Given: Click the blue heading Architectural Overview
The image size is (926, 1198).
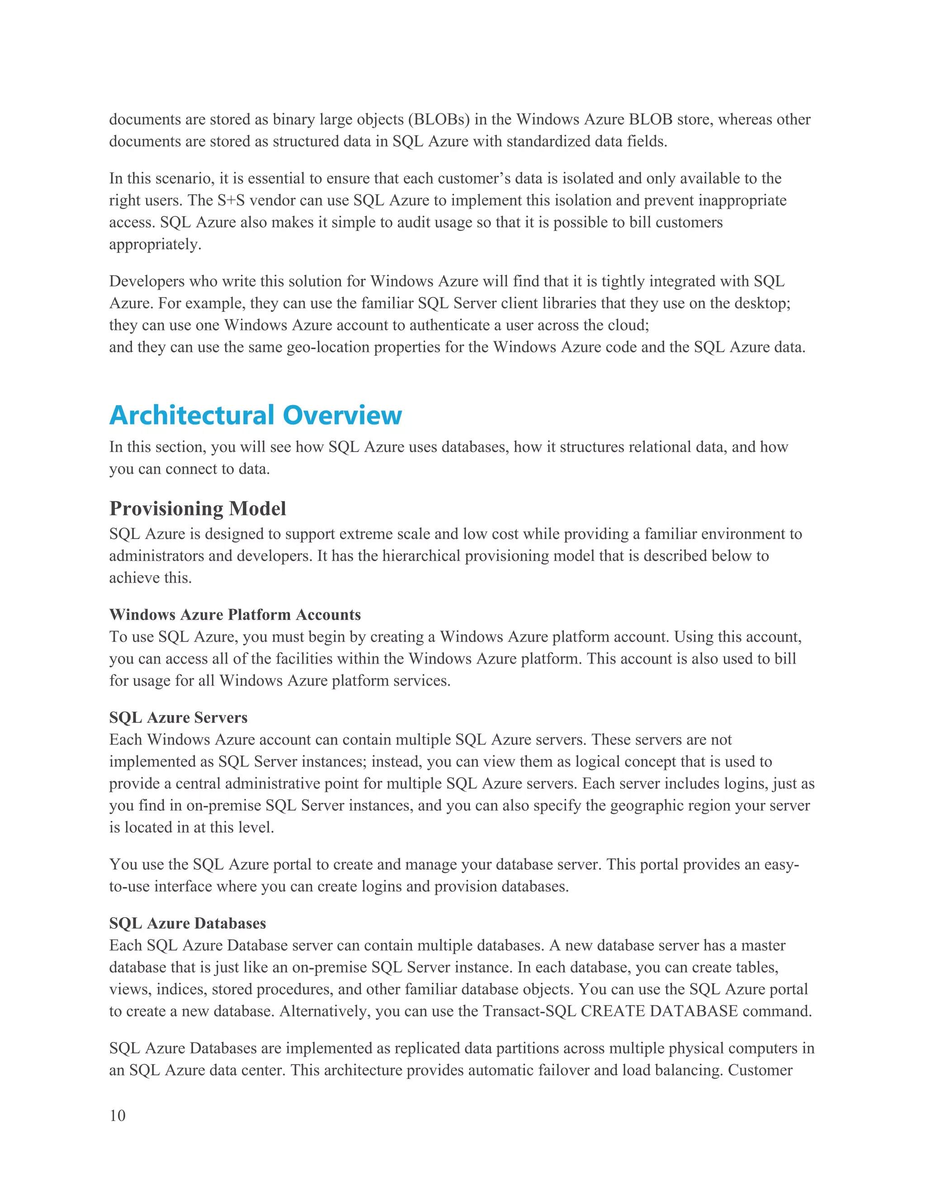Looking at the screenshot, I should (255, 415).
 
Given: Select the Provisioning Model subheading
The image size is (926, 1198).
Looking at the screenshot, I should (198, 509).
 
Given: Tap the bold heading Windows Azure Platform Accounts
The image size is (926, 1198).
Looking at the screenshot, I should (235, 614).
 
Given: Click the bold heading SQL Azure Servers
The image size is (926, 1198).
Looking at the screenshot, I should (178, 717).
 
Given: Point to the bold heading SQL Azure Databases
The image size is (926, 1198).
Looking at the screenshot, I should (188, 923).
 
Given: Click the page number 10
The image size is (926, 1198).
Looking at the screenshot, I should (118, 1116).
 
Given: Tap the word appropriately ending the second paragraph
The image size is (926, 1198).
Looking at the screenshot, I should (154, 244).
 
